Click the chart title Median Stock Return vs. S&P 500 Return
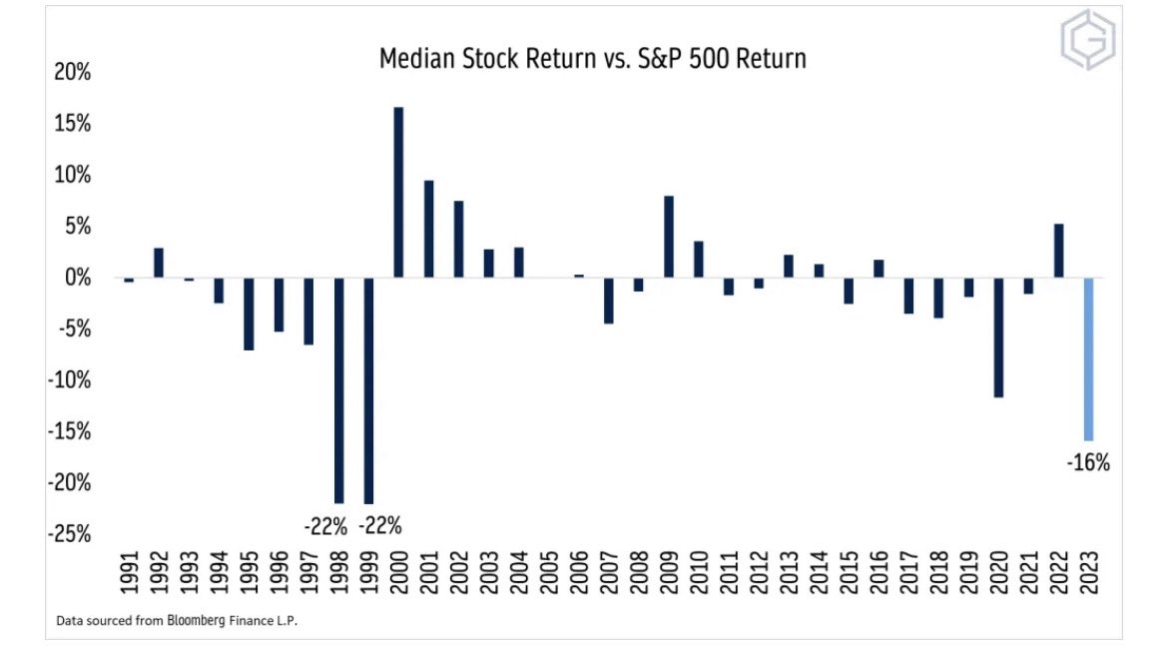point(592,59)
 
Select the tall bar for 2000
point(398,192)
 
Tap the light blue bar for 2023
point(1088,358)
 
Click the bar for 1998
point(338,389)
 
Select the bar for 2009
point(668,237)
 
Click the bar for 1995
point(249,314)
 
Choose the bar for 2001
point(428,229)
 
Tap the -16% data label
point(1088,463)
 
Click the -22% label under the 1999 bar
point(379,525)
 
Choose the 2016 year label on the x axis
point(878,576)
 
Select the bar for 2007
point(608,301)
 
